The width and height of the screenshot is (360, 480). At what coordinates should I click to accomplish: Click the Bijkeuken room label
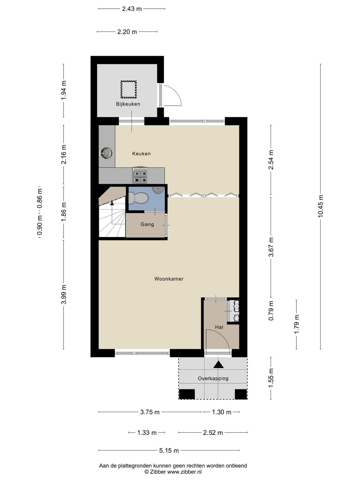coord(128,104)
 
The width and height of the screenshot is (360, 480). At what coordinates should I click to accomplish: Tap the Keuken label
coord(141,154)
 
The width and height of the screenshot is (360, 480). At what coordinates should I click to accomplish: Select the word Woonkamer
coord(169,279)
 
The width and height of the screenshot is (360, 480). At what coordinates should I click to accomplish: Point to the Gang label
coord(147,224)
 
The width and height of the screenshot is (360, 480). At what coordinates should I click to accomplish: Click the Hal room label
coord(219,327)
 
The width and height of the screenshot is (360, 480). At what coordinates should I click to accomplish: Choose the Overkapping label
coord(213,379)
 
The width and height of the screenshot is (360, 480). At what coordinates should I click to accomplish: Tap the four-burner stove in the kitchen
coord(140,175)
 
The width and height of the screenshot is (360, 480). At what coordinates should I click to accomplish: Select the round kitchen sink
coord(106,153)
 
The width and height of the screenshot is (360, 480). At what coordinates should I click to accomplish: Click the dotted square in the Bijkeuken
coord(128,89)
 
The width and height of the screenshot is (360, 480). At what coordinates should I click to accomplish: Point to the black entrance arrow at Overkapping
coord(218,364)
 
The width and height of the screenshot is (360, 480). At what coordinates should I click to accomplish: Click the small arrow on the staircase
coord(112,203)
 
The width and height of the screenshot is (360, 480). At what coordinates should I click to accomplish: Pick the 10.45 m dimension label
coord(320,206)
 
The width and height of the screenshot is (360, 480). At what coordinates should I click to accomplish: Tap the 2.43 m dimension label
coord(132,9)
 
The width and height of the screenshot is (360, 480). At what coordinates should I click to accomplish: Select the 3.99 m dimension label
coord(64,294)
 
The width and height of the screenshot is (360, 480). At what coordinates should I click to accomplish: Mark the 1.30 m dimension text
coord(222,412)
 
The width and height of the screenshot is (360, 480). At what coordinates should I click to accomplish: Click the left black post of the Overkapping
coord(187,394)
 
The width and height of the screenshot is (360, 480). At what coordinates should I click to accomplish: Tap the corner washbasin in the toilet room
coord(159,190)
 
